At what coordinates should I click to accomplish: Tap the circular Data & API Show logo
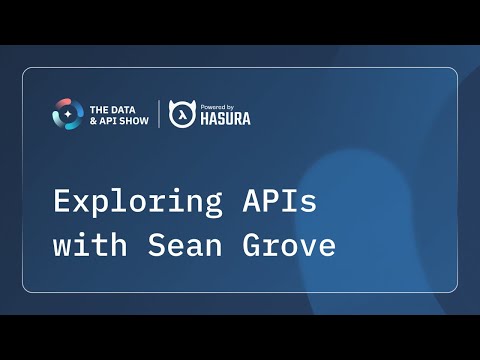pyautogui.click(x=68, y=114)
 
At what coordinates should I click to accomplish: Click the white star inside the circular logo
pyautogui.click(x=68, y=114)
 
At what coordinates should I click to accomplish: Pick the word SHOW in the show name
pyautogui.click(x=136, y=121)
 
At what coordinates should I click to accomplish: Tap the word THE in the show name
pyautogui.click(x=100, y=108)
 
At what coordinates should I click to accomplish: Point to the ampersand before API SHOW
pyautogui.click(x=94, y=121)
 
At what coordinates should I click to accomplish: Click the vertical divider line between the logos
pyautogui.click(x=158, y=114)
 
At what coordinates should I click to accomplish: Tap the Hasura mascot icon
pyautogui.click(x=181, y=114)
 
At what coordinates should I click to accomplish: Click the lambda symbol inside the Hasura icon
pyautogui.click(x=181, y=116)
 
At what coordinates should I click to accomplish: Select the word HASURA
pyautogui.click(x=224, y=119)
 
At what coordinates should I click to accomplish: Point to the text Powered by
pyautogui.click(x=216, y=105)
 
